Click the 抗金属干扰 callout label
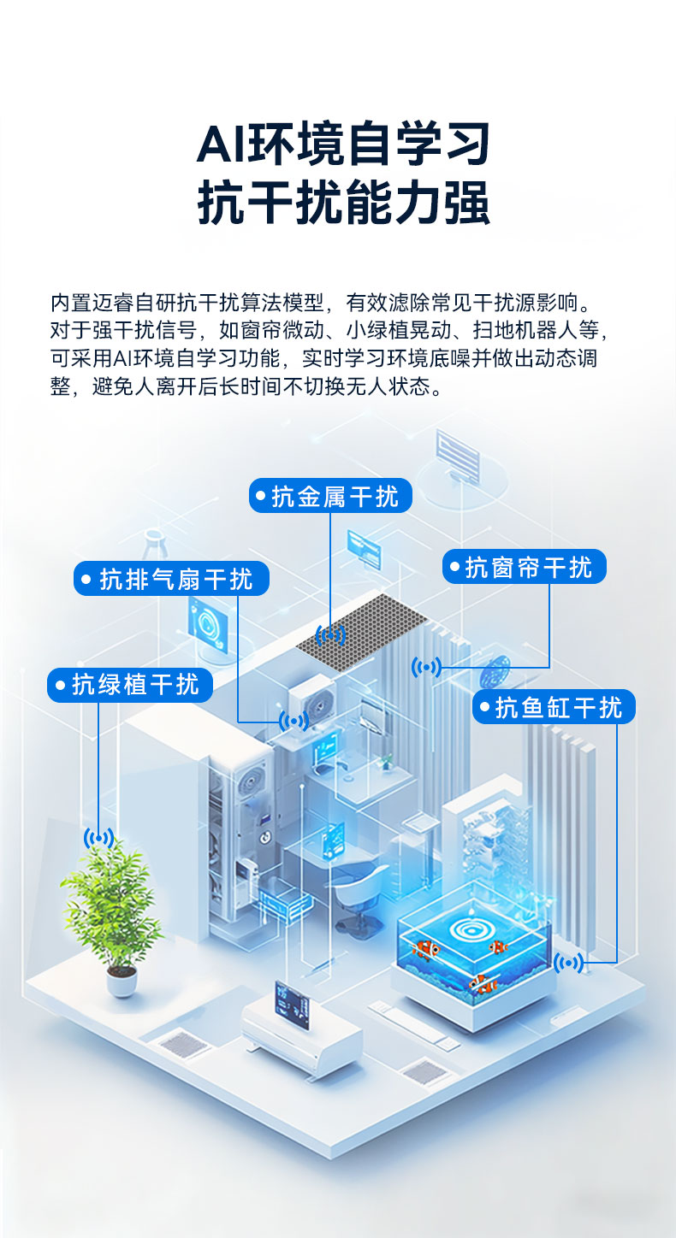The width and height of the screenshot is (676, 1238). [x=330, y=496]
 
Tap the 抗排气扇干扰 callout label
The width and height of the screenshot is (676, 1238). [x=171, y=579]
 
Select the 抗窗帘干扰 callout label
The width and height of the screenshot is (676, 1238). [x=524, y=567]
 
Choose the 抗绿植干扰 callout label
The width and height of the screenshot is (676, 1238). [x=129, y=685]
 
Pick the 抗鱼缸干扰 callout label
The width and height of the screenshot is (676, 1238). [x=554, y=707]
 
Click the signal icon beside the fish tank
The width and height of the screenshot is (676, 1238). [x=568, y=964]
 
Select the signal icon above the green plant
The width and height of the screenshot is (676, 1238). [x=98, y=838]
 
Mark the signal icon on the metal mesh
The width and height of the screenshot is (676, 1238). [x=330, y=635]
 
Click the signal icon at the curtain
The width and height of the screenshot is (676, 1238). [x=426, y=667]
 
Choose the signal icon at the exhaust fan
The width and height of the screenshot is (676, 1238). [x=294, y=722]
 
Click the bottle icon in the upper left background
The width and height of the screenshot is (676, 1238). [x=154, y=547]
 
